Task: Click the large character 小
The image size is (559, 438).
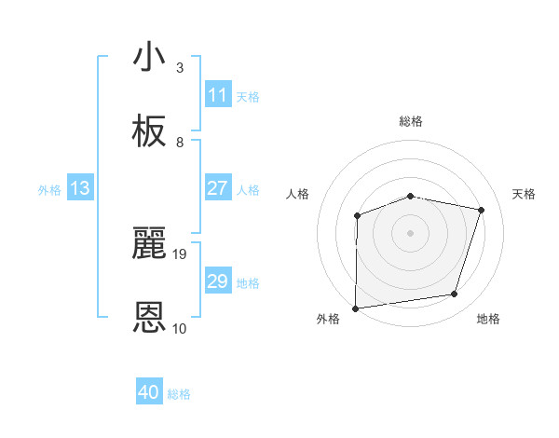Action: pos(150,57)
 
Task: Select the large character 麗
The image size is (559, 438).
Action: pos(150,243)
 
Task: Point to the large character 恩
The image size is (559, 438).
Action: pos(150,318)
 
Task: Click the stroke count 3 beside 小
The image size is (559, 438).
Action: pos(180,68)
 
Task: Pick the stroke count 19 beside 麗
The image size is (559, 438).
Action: pos(180,253)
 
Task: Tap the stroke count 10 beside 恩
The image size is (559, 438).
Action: pos(180,328)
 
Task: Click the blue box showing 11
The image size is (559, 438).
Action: pos(217,95)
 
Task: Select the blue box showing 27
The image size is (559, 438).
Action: pos(217,188)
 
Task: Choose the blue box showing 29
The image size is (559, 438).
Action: pos(217,281)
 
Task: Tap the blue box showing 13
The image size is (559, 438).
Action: pos(80,188)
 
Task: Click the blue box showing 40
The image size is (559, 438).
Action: pos(149,392)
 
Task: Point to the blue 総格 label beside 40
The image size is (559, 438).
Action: pos(179,394)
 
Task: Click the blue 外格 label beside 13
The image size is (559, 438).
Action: pos(49,190)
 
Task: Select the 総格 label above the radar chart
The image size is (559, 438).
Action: pos(411,121)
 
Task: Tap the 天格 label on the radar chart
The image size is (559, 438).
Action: pos(525,194)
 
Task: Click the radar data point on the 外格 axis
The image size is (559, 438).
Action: pos(355,308)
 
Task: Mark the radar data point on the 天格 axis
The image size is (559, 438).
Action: pos(482,210)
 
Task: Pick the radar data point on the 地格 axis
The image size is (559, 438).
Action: pos(455,294)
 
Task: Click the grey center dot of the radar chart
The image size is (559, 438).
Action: pos(411,233)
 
